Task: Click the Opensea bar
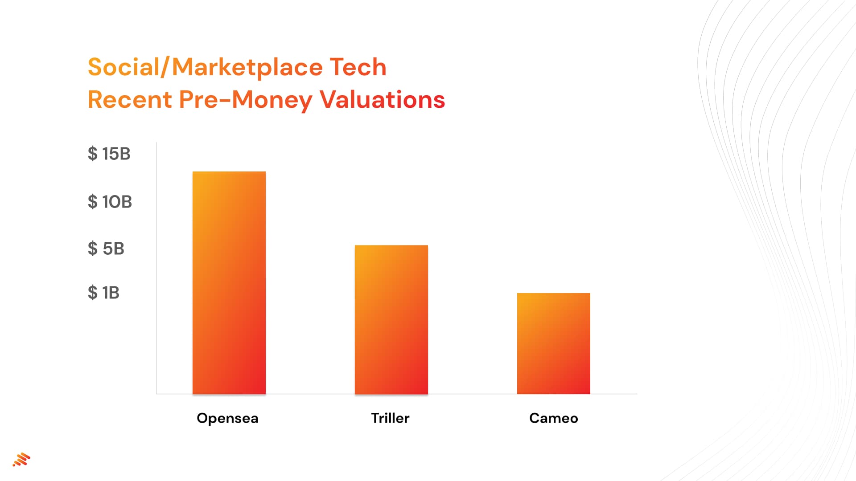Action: pyautogui.click(x=229, y=283)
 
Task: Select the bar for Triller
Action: pyautogui.click(x=391, y=319)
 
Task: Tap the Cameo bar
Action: pyautogui.click(x=553, y=343)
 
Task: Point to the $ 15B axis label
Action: pyautogui.click(x=109, y=154)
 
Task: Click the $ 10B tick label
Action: pyautogui.click(x=110, y=202)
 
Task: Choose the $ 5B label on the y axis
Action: pyautogui.click(x=106, y=249)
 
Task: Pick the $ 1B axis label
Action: pyautogui.click(x=103, y=293)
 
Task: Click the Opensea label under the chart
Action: pyautogui.click(x=227, y=418)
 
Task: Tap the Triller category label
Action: pyautogui.click(x=390, y=418)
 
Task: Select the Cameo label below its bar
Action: pyautogui.click(x=553, y=418)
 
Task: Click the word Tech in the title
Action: pyautogui.click(x=358, y=67)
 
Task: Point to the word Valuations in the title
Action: pyautogui.click(x=382, y=99)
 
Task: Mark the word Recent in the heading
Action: pyautogui.click(x=130, y=99)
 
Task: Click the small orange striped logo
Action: pyautogui.click(x=21, y=460)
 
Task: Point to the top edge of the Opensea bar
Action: pyautogui.click(x=229, y=172)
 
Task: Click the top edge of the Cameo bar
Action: pyautogui.click(x=553, y=293)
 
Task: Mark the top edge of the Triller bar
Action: pyautogui.click(x=391, y=246)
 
